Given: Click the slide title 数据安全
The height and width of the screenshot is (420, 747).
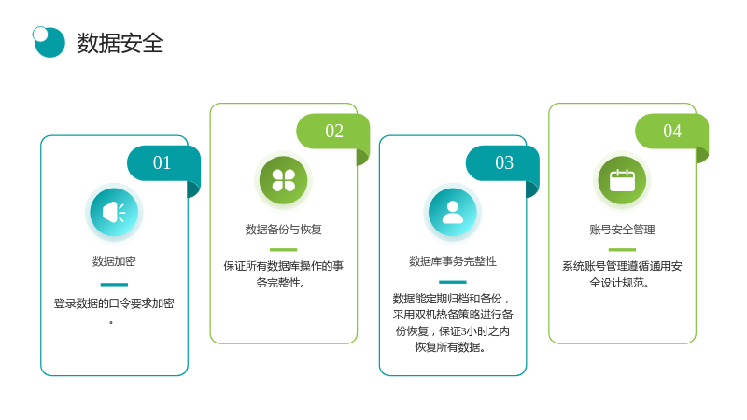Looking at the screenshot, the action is (120, 43).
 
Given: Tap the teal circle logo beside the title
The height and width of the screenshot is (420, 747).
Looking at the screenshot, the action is (49, 42).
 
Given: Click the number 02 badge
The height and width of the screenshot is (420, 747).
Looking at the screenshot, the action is (333, 131).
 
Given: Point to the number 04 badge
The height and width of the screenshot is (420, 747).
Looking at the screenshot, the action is (671, 131).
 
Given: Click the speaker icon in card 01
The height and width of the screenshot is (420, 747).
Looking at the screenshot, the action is (114, 213).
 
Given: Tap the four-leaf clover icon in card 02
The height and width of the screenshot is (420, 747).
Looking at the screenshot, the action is (284, 180).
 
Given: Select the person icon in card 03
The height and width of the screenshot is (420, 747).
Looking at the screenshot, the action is (453, 213).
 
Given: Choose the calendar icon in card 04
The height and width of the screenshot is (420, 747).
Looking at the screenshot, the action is (622, 180).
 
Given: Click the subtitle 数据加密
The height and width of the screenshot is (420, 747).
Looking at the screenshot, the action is (114, 261).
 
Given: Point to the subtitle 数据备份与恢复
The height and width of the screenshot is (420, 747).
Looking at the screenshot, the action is (284, 230).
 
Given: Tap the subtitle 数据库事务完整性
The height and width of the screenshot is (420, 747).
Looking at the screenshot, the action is (453, 261).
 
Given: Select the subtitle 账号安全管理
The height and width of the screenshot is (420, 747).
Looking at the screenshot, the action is (622, 230).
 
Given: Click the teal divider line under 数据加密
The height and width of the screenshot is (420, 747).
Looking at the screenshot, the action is (114, 285).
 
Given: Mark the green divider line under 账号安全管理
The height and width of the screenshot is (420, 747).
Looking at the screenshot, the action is (622, 249).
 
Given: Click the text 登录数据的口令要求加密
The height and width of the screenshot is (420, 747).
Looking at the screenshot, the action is (114, 303).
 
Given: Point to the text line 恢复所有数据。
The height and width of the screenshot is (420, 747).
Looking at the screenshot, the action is (450, 347).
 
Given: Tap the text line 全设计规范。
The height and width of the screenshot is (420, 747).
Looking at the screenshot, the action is (619, 283).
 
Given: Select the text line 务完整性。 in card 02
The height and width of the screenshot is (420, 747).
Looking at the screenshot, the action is (281, 283).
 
